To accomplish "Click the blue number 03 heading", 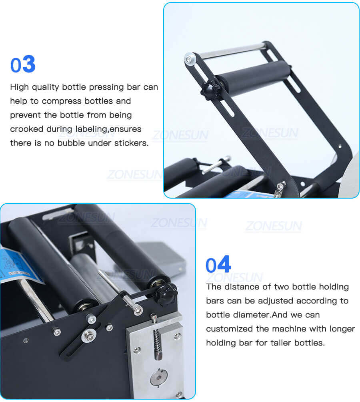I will [23, 65].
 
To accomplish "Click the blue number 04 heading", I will [218, 265].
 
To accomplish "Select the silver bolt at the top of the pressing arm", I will [188, 59].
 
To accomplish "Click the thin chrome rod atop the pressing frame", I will [232, 50].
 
